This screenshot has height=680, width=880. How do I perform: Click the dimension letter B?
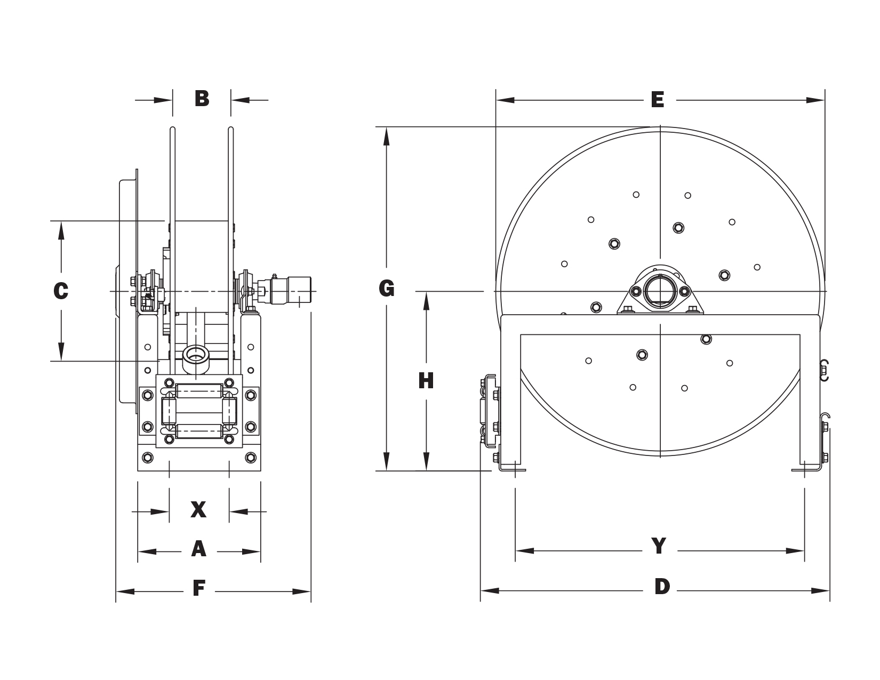click(x=202, y=99)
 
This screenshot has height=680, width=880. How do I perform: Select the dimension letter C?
click(x=61, y=291)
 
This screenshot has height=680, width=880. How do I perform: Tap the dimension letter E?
click(x=657, y=100)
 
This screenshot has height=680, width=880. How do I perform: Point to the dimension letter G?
click(x=386, y=289)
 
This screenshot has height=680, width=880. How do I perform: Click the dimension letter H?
click(x=426, y=381)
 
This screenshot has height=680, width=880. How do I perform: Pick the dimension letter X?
click(x=198, y=509)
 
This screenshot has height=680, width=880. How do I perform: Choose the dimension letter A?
click(x=198, y=549)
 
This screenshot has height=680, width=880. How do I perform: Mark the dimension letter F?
click(x=199, y=588)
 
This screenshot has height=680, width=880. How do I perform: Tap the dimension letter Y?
click(x=659, y=546)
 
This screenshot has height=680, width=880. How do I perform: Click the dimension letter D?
click(x=662, y=587)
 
